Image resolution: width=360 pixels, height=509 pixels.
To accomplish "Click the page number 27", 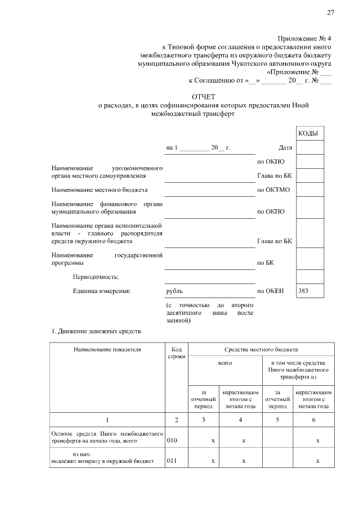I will pos(331,13).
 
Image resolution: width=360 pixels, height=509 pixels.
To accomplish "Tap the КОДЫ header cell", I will pos(310,133).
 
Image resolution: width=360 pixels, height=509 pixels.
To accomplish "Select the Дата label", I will pos(285,148).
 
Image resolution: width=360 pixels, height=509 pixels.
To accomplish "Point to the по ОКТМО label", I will pos(273,190).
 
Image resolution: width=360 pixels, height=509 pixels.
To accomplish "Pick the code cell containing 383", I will pos(310,291).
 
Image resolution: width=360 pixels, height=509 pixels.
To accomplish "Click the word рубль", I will pos(174,291).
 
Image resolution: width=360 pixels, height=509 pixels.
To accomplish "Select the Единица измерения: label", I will pos(102,291).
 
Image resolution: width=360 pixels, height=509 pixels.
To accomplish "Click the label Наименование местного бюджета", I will pos(100,190).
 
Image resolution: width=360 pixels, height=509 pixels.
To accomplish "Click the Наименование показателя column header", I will pos(107,349).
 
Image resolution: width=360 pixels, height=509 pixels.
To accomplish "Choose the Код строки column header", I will pos(176,353).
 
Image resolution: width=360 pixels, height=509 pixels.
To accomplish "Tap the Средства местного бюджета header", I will pos(262,349).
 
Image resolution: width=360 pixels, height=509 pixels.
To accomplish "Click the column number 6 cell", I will pos(313,420).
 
